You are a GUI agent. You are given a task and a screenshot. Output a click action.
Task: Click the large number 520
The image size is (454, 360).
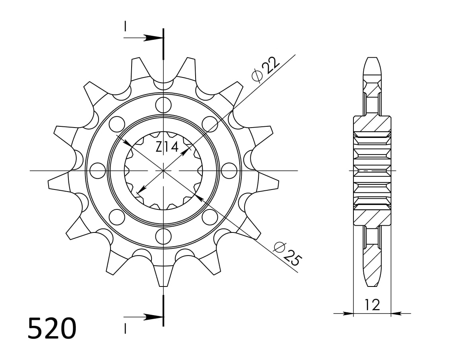pyautogui.click(x=52, y=328)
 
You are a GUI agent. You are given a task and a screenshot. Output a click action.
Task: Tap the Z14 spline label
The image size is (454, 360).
pyautogui.click(x=167, y=148)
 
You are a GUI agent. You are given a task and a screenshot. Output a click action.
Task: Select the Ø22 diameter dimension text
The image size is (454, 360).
pyautogui.click(x=266, y=69)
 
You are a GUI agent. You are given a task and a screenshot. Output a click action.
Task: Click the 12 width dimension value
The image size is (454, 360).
pyautogui.click(x=372, y=305)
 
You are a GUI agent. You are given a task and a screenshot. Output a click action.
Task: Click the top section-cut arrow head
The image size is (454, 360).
pyautogui.click(x=153, y=38)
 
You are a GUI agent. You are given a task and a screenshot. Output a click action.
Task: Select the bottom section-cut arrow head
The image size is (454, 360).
pyautogui.click(x=153, y=317)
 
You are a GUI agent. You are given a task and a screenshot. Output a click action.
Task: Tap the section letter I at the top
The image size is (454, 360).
pyautogui.click(x=125, y=26)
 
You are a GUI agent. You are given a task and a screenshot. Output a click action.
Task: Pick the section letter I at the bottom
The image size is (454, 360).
pyautogui.click(x=125, y=329)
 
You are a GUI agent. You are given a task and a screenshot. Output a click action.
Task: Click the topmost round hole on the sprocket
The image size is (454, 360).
pyautogui.click(x=163, y=105)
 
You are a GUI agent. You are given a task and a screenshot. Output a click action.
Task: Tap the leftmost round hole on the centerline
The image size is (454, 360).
pyautogui.click(x=97, y=171)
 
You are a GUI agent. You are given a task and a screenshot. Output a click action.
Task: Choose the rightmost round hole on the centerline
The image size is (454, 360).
pyautogui.click(x=229, y=171)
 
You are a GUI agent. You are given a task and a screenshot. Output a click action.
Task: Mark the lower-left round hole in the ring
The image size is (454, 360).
pyautogui.click(x=116, y=217)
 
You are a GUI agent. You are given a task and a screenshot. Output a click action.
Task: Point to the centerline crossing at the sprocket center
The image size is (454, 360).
pyautogui.click(x=163, y=171)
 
